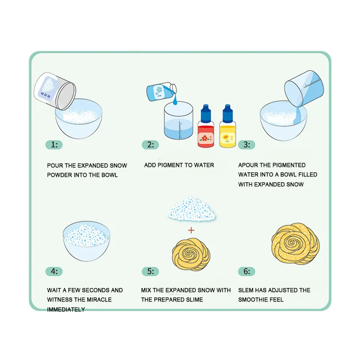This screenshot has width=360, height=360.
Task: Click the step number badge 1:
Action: click(x=54, y=145)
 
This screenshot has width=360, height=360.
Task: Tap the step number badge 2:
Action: click(x=150, y=145)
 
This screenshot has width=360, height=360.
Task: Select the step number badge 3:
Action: click(x=247, y=145)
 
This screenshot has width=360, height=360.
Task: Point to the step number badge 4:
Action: click(x=54, y=271)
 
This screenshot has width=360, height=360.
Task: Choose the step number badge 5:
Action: click(x=150, y=271)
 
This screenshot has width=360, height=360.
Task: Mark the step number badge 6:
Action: click(x=247, y=271)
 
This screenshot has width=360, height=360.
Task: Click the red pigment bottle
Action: click(x=206, y=128)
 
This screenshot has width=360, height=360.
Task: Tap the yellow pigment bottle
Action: click(x=227, y=128)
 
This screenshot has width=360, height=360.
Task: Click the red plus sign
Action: click(x=191, y=230)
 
